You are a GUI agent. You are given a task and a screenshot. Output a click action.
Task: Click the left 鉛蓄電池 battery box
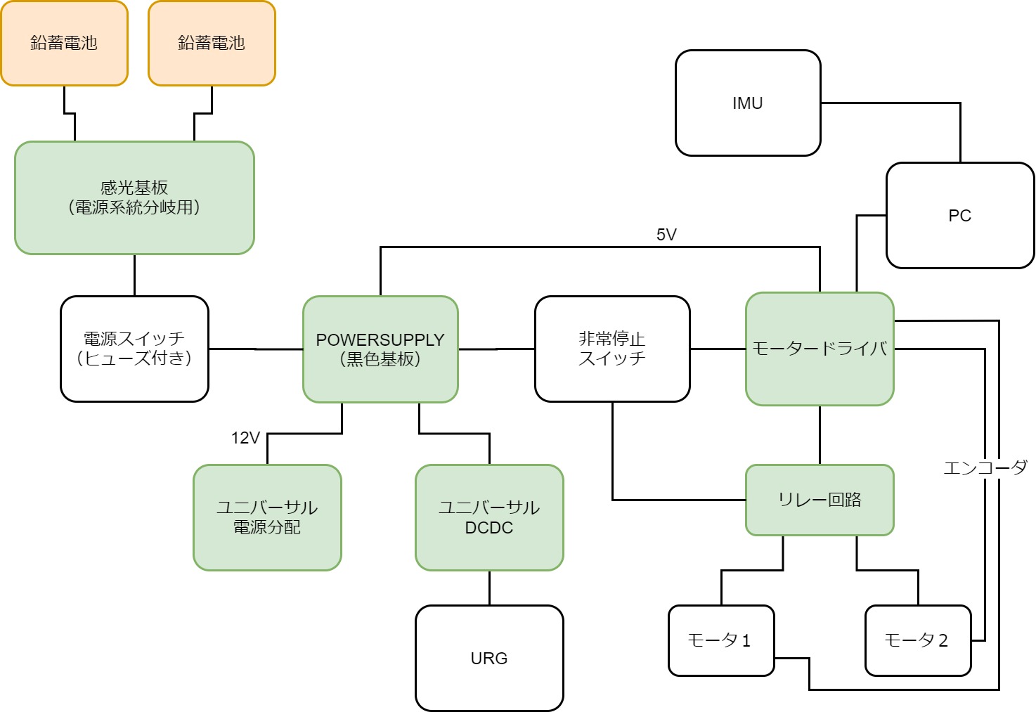(64, 44)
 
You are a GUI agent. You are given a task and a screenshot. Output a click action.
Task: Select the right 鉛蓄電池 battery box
(212, 44)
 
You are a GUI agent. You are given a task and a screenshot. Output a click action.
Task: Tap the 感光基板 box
(134, 198)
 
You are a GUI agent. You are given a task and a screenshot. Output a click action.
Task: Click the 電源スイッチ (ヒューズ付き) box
(134, 349)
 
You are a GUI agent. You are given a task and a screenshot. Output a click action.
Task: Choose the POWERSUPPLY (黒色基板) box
(380, 349)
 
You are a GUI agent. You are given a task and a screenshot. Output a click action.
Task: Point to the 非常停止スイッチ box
(612, 349)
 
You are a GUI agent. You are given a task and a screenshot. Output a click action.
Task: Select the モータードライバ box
(820, 349)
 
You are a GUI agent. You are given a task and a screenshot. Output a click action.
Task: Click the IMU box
(748, 103)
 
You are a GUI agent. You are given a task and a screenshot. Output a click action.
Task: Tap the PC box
(960, 216)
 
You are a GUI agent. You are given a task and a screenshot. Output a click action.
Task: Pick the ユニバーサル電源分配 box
(267, 517)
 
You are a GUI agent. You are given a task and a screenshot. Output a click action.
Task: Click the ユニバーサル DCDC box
(489, 517)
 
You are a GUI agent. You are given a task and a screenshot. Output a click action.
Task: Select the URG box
(489, 658)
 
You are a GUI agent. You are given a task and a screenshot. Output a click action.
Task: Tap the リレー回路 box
(820, 500)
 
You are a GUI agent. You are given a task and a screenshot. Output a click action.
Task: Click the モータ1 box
(721, 640)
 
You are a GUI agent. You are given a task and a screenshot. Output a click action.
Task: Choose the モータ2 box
(918, 640)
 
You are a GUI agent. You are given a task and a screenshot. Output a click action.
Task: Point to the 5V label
(666, 235)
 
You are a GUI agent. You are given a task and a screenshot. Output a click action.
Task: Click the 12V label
(245, 438)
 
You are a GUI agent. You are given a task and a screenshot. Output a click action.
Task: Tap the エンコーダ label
(985, 467)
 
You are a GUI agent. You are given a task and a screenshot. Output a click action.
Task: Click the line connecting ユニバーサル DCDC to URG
(489, 588)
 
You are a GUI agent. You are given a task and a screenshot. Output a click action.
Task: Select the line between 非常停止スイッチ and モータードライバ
(718, 349)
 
